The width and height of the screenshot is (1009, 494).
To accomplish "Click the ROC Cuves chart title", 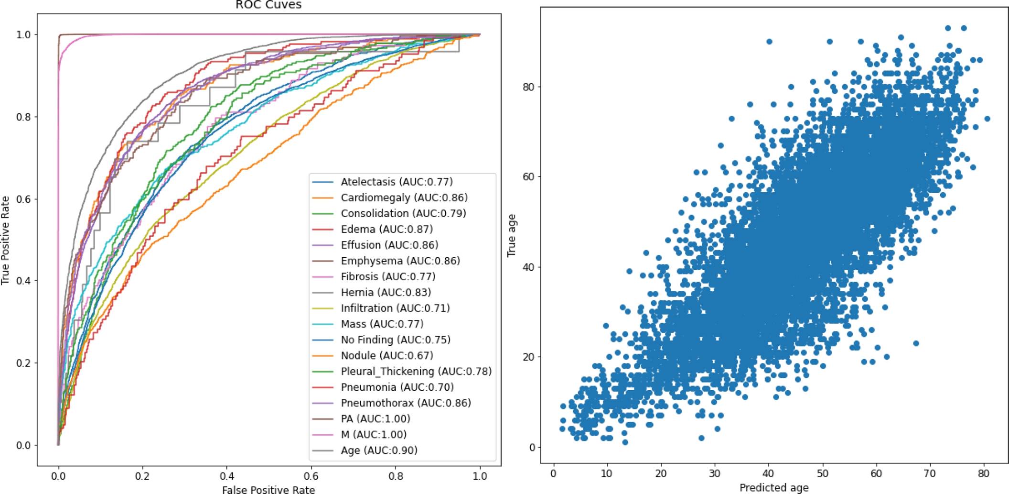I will click(268, 5).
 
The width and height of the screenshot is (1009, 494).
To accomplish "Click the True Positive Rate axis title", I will click(6, 240).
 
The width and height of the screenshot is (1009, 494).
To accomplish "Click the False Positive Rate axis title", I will click(268, 489).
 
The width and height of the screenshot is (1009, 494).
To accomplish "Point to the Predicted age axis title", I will click(774, 488).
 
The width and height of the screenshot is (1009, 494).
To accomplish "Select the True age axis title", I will click(512, 235).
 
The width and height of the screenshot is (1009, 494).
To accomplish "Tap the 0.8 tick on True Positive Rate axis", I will click(23, 117).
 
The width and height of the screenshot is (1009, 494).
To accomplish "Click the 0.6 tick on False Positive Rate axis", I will click(311, 476).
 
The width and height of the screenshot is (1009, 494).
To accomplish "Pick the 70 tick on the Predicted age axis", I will click(930, 473).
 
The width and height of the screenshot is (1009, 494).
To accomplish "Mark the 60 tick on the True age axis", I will click(529, 176).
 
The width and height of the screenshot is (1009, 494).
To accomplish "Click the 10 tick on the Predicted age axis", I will click(607, 473).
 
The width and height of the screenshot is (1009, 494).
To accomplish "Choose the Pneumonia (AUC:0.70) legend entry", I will click(397, 387).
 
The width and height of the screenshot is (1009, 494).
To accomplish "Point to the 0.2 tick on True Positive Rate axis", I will click(23, 363).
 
